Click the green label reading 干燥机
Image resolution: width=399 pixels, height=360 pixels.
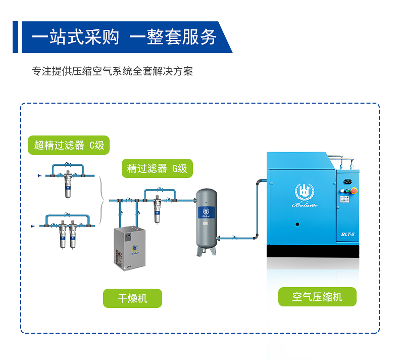(132, 298)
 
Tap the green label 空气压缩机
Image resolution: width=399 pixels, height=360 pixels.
(317, 297)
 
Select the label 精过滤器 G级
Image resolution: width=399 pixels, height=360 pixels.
(157, 168)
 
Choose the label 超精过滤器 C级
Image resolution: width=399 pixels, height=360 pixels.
(69, 145)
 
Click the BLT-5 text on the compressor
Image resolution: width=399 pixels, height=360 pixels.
(348, 234)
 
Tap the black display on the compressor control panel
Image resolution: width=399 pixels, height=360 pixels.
(348, 179)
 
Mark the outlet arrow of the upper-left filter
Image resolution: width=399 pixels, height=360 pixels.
(39, 176)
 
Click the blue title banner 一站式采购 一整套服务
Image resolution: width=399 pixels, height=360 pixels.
(124, 37)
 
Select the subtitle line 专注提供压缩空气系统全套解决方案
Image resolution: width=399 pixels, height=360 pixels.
(112, 71)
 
